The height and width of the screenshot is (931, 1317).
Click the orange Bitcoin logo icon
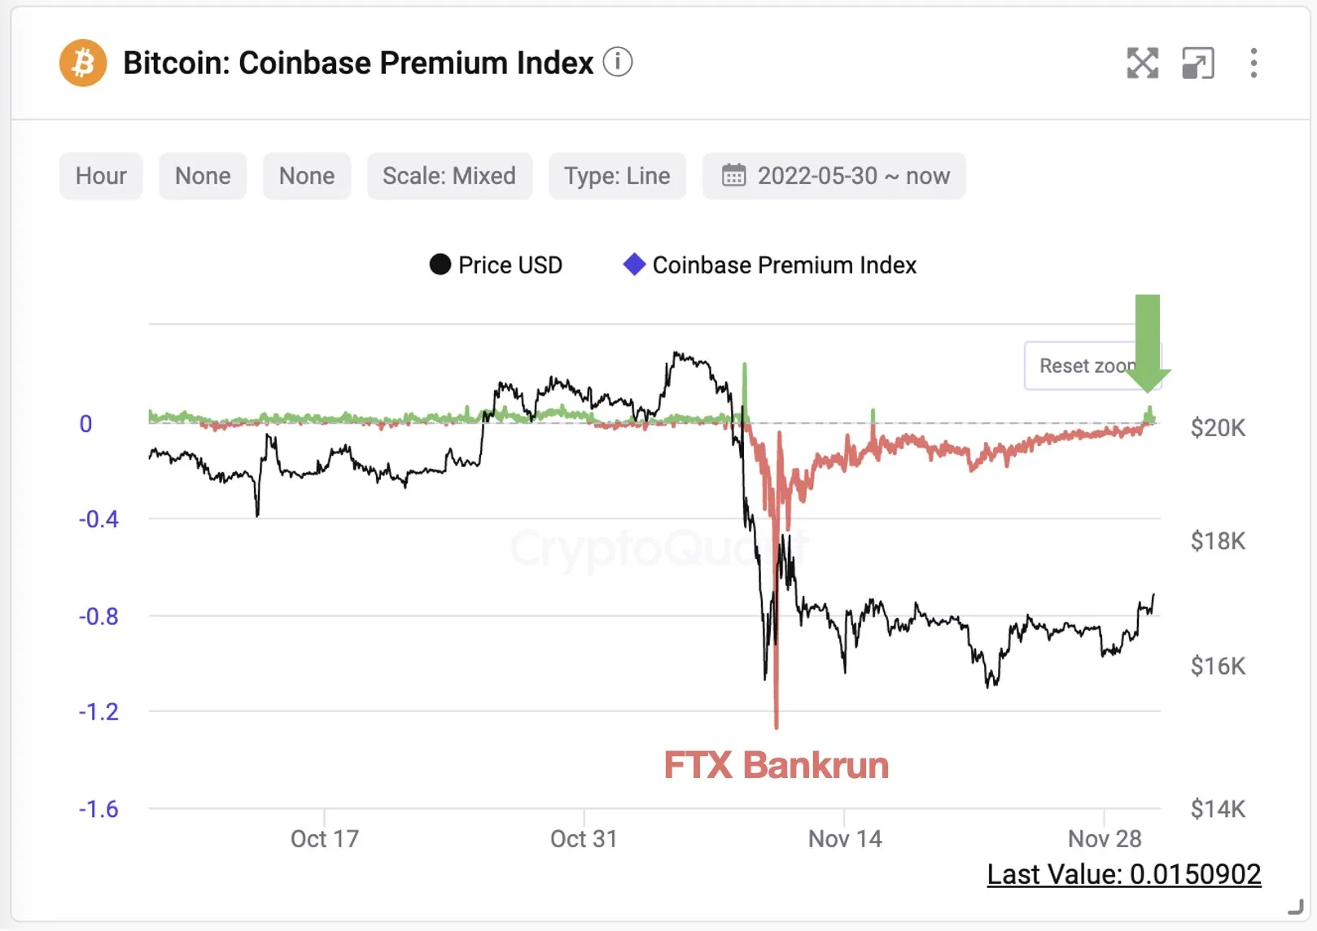(x=83, y=63)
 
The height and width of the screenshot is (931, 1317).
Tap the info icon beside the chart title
(x=618, y=62)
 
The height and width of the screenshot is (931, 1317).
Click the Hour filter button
(x=101, y=176)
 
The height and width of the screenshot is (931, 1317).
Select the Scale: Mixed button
(x=449, y=176)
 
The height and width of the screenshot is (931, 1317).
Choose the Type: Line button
(x=617, y=176)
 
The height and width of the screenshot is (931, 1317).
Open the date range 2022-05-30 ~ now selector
(x=834, y=176)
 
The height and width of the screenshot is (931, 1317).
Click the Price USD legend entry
(x=496, y=265)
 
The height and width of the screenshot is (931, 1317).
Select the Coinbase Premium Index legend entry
(x=770, y=265)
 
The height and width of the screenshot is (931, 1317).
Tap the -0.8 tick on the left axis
(x=98, y=617)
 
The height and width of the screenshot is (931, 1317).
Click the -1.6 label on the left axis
(x=98, y=809)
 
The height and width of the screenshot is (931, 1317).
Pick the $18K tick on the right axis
(x=1218, y=541)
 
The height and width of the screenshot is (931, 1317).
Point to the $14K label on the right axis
(x=1218, y=809)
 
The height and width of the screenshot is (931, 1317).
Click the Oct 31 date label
(x=584, y=839)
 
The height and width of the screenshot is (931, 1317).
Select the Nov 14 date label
(x=845, y=839)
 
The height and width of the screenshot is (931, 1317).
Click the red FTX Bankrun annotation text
(x=776, y=766)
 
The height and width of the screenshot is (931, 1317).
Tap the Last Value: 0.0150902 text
(x=1123, y=875)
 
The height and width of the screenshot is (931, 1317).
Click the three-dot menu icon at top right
(x=1254, y=63)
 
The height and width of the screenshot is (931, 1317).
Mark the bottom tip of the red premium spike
(x=777, y=727)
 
